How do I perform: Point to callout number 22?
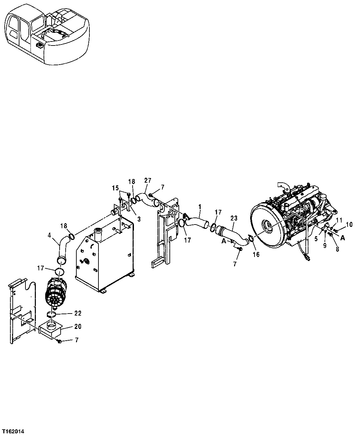78,313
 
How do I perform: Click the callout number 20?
77,326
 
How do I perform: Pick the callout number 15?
116,188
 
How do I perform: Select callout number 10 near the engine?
349,225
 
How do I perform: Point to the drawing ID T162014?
13,432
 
